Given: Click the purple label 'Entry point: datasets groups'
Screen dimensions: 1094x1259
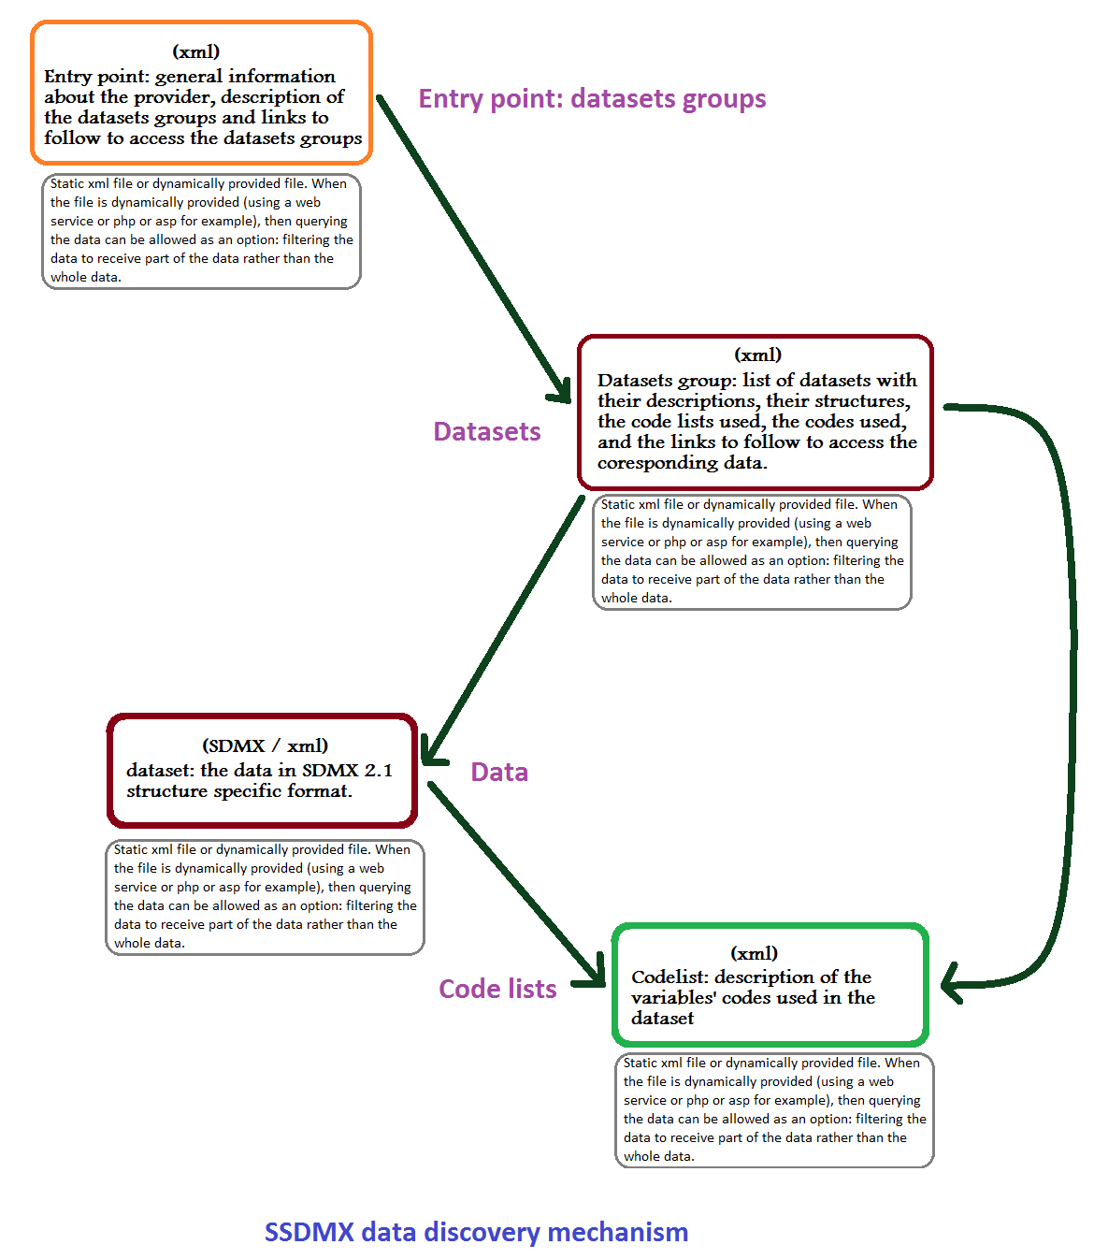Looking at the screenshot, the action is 592,99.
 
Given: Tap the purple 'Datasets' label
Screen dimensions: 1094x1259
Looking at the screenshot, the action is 486,431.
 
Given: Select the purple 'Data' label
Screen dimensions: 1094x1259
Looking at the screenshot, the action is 498,772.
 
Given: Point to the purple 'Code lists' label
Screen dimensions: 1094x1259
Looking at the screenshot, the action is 497,989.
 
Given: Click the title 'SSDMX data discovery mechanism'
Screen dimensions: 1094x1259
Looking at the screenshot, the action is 476,1232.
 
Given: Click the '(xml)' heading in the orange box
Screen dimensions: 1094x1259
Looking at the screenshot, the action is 195,51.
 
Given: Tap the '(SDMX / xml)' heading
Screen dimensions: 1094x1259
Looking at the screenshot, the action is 265,745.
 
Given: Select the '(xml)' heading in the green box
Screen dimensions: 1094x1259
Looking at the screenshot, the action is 754,953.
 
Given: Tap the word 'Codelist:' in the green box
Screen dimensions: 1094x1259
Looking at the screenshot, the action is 669,977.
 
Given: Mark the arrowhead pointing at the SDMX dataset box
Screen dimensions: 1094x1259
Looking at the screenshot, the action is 430,752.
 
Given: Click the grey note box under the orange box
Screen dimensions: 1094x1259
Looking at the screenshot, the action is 201,231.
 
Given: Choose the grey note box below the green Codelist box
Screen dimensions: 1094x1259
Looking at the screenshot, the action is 773,1109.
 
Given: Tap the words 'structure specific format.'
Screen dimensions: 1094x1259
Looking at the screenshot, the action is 239,791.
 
